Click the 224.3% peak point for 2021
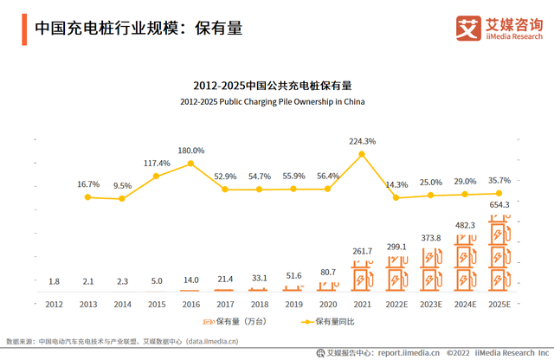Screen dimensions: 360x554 click(x=363, y=155)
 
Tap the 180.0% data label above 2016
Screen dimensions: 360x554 click(x=191, y=150)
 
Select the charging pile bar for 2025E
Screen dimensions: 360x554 click(x=499, y=256)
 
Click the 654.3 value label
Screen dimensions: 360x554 click(x=499, y=204)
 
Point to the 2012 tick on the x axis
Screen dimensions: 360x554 click(x=54, y=304)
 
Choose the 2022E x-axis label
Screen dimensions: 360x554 click(x=396, y=304)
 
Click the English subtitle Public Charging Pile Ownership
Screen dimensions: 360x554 click(x=273, y=101)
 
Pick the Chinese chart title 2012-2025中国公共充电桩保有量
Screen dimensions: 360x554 click(x=273, y=86)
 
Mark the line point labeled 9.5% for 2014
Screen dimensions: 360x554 click(x=122, y=199)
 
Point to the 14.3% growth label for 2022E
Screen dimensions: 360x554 click(x=396, y=184)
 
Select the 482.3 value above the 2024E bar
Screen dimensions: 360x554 click(x=465, y=225)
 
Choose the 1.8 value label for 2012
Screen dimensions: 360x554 click(x=54, y=281)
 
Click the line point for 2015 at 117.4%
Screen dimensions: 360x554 click(x=157, y=176)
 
